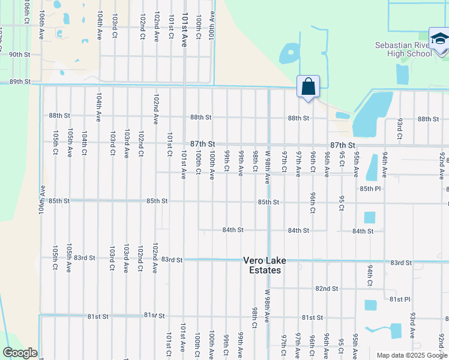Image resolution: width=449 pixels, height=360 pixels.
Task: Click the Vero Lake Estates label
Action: pyautogui.click(x=265, y=265)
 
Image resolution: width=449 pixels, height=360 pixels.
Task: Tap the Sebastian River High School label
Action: pyautogui.click(x=403, y=49)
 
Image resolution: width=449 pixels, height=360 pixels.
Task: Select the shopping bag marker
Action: pyautogui.click(x=308, y=87)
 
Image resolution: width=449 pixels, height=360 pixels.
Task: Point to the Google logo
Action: pyautogui.click(x=20, y=353)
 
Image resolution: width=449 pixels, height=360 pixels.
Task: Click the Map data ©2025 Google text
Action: pyautogui.click(x=412, y=355)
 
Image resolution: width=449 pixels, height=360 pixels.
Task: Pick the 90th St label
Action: pyautogui.click(x=19, y=55)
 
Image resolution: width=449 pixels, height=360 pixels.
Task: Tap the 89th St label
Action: pyautogui.click(x=19, y=82)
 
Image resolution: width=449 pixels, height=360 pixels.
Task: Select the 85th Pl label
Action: pyautogui.click(x=370, y=188)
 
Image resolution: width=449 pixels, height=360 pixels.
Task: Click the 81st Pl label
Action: pyautogui.click(x=399, y=299)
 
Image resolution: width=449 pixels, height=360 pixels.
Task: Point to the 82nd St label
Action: pyautogui.click(x=327, y=289)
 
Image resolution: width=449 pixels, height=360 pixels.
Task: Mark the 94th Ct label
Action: pyautogui.click(x=370, y=274)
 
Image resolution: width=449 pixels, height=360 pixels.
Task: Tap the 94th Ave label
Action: pyautogui.click(x=384, y=162)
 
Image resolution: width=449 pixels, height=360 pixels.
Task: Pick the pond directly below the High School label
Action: pyautogui.click(x=402, y=73)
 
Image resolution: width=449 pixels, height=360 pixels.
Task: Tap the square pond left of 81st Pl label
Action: pyautogui.click(x=370, y=305)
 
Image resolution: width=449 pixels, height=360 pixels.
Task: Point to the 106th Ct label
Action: pyautogui.click(x=27, y=11)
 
